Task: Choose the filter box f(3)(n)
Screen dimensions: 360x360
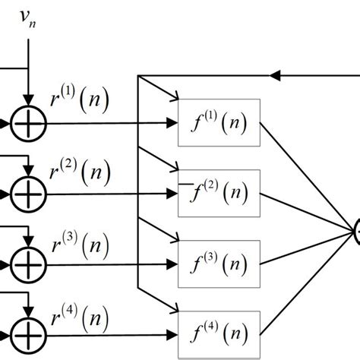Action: coord(219,265)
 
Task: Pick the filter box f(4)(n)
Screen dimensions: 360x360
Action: coord(219,335)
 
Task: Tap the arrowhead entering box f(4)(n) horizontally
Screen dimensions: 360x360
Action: coord(172,335)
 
